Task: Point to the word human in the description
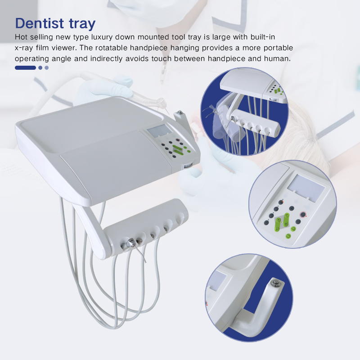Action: pyautogui.click(x=279, y=58)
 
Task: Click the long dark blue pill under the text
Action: pyautogui.click(x=25, y=68)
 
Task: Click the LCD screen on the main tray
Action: pyautogui.click(x=159, y=131)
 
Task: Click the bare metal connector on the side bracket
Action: pyautogui.click(x=180, y=112)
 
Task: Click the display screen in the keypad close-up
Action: pyautogui.click(x=306, y=186)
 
